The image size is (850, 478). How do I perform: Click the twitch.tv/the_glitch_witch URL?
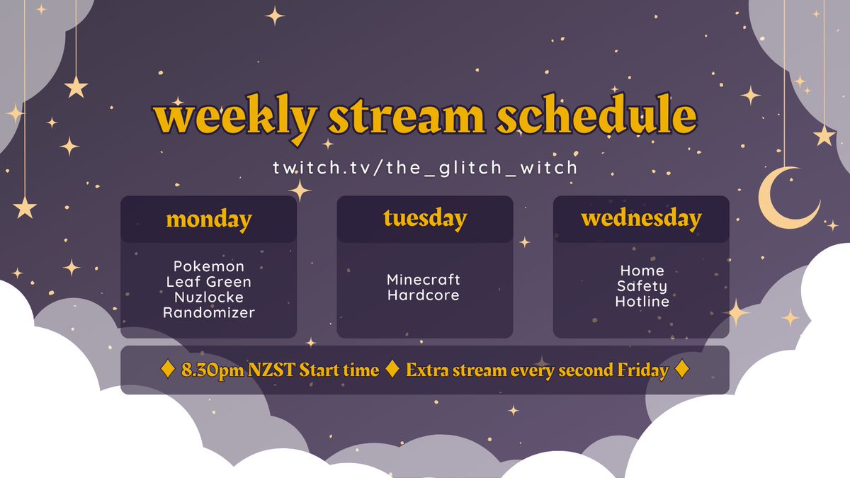pyautogui.click(x=425, y=168)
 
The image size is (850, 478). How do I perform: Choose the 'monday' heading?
pyautogui.click(x=208, y=219)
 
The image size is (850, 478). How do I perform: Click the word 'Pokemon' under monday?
pyautogui.click(x=208, y=266)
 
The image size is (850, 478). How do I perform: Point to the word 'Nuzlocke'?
pyautogui.click(x=208, y=297)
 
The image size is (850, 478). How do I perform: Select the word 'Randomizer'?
pyautogui.click(x=208, y=312)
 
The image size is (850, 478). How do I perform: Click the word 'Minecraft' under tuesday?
pyautogui.click(x=424, y=280)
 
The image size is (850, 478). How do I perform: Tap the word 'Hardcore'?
pyautogui.click(x=424, y=295)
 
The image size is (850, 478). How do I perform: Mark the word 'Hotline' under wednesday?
pyautogui.click(x=642, y=302)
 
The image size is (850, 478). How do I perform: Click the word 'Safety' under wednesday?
pyautogui.click(x=642, y=286)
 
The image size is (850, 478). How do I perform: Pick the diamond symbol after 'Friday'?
pyautogui.click(x=681, y=370)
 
